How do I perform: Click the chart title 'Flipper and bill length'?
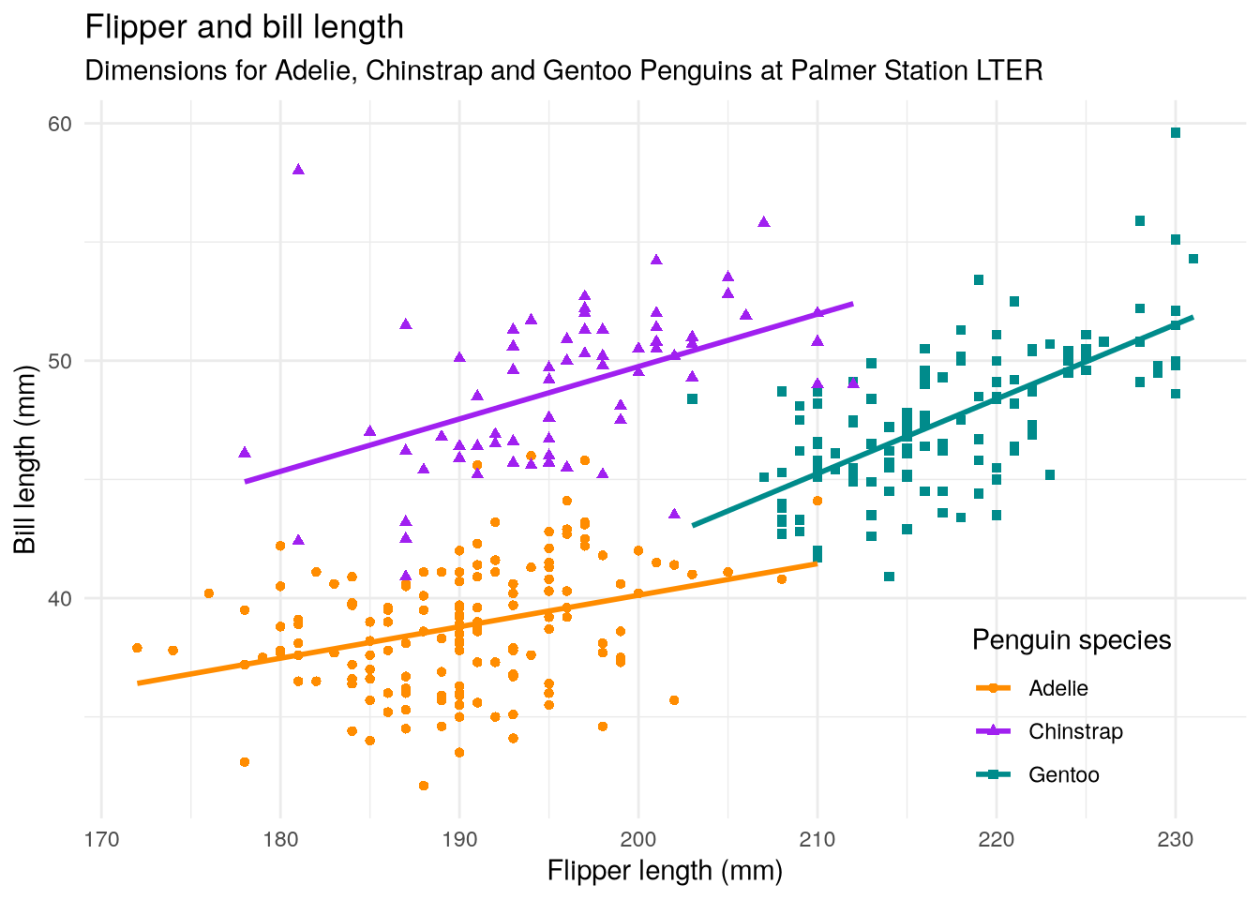[244, 28]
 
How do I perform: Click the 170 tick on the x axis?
[101, 838]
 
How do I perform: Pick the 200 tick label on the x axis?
[638, 838]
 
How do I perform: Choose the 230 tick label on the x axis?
[1176, 838]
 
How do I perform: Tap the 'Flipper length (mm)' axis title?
[665, 871]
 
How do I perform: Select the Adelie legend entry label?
[1058, 689]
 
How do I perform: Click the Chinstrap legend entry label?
[1075, 732]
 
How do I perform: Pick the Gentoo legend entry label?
[1063, 775]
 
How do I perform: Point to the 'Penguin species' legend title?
[1072, 640]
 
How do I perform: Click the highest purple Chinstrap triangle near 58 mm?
[298, 170]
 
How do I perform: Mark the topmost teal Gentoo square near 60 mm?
[1176, 133]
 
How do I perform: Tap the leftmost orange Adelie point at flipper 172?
[137, 648]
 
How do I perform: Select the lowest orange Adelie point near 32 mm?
[424, 786]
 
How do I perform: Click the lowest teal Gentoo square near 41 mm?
[889, 577]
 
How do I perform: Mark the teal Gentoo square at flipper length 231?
[1193, 259]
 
